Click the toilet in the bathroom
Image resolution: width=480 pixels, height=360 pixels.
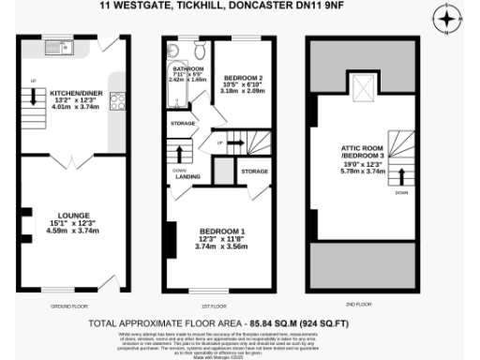197,51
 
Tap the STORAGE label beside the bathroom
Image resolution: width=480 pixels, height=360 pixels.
183,124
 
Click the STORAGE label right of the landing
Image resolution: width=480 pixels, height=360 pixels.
254,172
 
